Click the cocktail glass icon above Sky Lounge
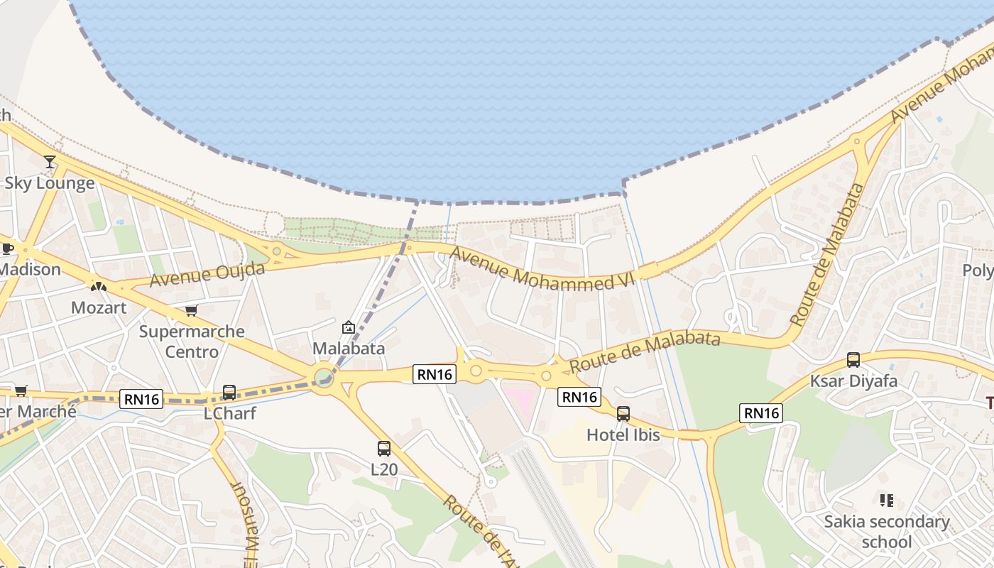point(50,162)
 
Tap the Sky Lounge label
point(50,183)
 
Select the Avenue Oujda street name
point(207,274)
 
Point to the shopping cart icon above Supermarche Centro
point(191,310)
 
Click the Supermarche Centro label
point(192,342)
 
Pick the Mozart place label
point(99,307)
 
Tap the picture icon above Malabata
point(349,327)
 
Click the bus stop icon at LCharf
point(229,392)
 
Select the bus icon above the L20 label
point(384,448)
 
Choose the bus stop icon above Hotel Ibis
point(623,413)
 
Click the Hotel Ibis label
point(623,435)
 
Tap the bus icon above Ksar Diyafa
point(853,360)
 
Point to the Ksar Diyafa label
point(853,381)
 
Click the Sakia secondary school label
point(887,532)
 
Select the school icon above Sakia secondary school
point(886,501)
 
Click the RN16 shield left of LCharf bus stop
point(141,399)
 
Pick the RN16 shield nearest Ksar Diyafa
point(760,413)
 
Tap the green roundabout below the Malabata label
point(324,374)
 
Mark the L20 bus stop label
point(384,469)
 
